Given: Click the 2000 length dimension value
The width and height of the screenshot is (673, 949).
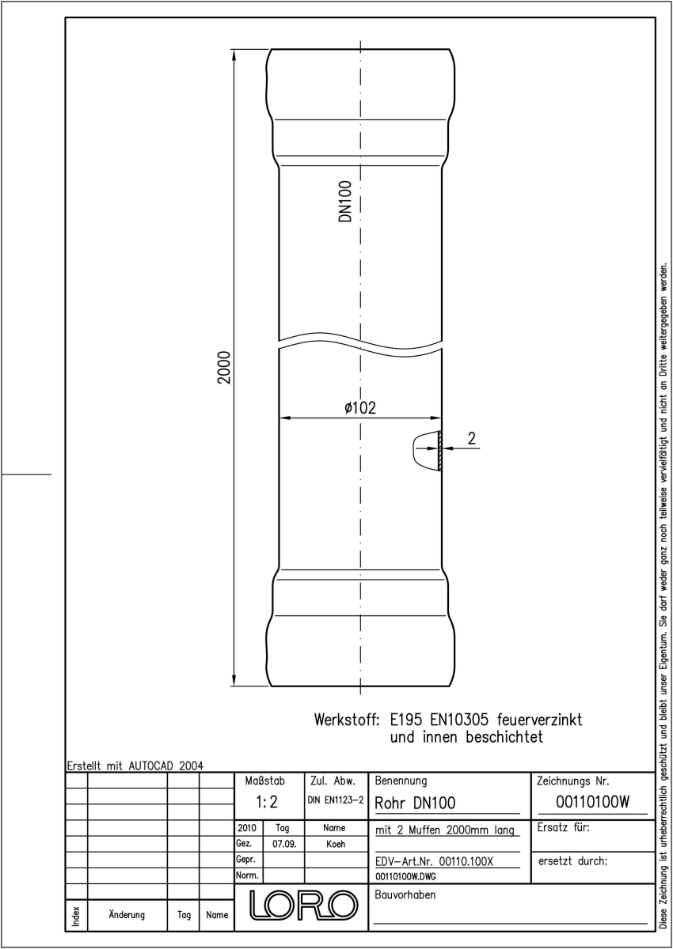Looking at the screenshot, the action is pos(223,367).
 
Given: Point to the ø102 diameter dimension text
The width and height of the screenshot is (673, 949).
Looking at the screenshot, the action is pos(360,407).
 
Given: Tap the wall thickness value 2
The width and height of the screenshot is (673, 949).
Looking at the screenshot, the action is pos(472,438).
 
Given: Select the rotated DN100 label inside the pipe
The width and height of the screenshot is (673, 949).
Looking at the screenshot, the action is pos(345,201).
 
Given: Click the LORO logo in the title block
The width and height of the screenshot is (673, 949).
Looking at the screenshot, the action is pos(303,906).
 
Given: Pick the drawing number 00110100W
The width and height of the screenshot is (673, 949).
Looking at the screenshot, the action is pos(592,802).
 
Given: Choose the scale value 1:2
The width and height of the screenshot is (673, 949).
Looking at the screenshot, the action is pos(267,802).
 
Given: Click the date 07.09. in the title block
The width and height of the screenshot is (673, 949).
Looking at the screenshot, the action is pos(284,844).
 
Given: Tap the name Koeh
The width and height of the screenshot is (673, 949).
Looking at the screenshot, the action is pos(336,844).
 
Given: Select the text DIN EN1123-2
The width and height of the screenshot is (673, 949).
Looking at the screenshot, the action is pos(336,800).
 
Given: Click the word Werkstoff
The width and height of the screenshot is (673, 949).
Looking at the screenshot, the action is pos(346,720).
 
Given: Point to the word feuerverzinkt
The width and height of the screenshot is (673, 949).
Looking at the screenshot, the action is pos(539,720).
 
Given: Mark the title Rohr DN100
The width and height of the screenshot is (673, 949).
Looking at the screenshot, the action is pos(415,803).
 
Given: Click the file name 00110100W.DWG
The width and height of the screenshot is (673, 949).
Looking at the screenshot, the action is pos(405,876).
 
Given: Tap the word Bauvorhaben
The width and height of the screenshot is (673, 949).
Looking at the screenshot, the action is pos(405,894).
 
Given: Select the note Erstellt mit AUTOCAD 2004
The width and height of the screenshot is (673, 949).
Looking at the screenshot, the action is pos(135,766).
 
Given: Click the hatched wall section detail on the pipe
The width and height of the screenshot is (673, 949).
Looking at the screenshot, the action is pos(439,450).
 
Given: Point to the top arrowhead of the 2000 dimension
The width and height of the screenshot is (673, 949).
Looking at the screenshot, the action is pos(234,55).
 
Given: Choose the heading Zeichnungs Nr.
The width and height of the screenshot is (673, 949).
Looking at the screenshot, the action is pos(572,781).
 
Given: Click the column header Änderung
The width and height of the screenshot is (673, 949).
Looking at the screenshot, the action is pos(127,915).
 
